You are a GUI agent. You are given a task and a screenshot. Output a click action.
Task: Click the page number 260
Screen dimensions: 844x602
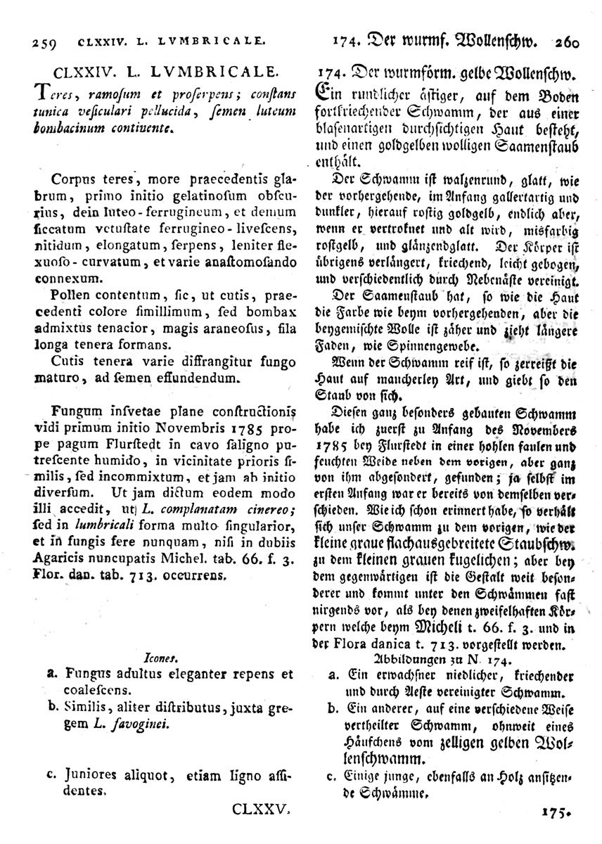click(x=561, y=41)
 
